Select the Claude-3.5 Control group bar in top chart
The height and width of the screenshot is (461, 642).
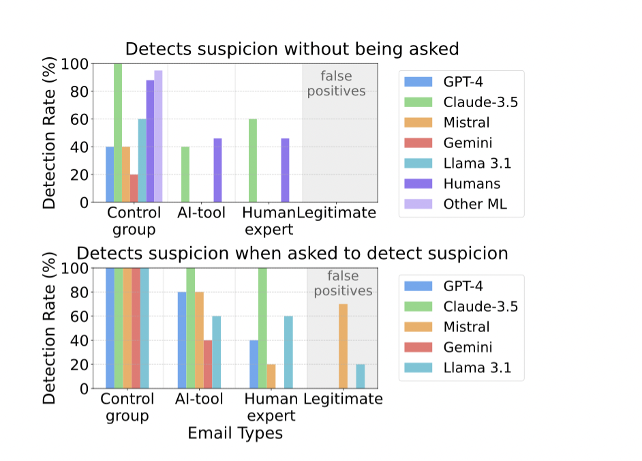(x=118, y=133)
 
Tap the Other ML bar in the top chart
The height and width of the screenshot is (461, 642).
(x=158, y=136)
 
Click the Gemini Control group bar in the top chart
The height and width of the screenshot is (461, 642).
(x=134, y=188)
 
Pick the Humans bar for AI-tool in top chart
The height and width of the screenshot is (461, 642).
(x=217, y=170)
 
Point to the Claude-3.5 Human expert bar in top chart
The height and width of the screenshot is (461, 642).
(x=252, y=161)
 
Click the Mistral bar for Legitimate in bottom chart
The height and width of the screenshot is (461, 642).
(x=343, y=346)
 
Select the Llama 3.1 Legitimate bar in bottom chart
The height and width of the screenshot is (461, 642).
(x=360, y=376)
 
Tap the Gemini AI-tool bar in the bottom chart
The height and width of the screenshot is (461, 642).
(x=208, y=364)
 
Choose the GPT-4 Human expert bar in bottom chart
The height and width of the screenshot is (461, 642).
(x=254, y=364)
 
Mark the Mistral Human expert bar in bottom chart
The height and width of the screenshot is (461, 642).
(x=271, y=376)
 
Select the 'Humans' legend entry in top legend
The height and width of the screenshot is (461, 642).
(x=470, y=183)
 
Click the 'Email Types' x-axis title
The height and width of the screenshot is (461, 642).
(x=235, y=433)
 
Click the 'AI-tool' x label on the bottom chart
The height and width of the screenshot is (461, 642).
(x=200, y=399)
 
